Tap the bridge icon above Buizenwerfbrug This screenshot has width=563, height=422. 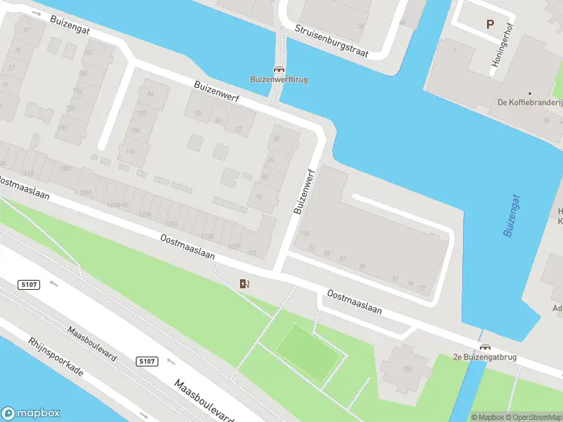tap(279, 70)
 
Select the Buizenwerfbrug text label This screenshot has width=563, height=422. tap(279, 79)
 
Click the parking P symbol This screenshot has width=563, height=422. tap(490, 24)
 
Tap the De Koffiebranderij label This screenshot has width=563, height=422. tap(530, 103)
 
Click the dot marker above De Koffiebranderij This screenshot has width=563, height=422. tap(530, 93)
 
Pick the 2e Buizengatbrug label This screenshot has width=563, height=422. tap(485, 357)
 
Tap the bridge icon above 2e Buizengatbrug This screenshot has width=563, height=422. tap(485, 347)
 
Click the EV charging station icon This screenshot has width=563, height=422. tap(245, 283)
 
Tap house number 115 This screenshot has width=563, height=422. tap(305, 234)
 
